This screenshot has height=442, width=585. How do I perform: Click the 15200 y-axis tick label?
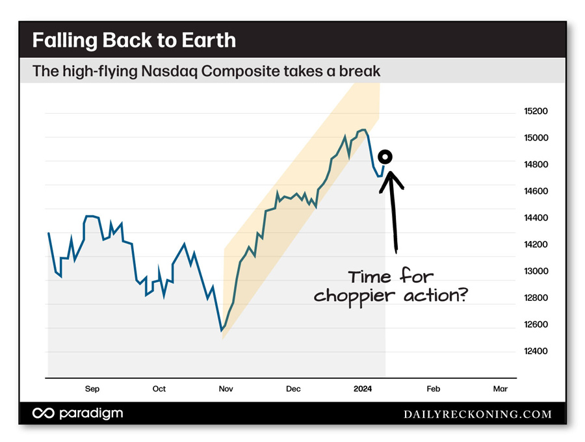[536, 111]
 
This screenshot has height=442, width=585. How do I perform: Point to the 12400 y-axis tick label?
[536, 351]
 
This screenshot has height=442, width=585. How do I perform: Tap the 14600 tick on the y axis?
[536, 191]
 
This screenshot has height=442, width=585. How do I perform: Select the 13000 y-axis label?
[536, 271]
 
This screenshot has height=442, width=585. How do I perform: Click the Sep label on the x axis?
[92, 389]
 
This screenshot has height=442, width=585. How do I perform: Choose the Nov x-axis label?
[226, 389]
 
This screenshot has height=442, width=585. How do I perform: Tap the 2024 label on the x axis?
[363, 389]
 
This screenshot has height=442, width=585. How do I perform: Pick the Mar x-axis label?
[500, 389]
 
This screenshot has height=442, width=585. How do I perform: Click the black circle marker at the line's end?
[385, 157]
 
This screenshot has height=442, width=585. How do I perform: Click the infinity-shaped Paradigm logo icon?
[44, 413]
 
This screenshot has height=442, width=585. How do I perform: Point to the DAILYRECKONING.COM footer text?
[478, 414]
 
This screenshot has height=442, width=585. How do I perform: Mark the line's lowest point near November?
[222, 331]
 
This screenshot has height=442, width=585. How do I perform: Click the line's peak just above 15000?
[363, 130]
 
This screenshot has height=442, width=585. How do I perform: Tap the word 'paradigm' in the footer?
[90, 413]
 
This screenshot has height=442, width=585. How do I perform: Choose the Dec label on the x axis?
[293, 389]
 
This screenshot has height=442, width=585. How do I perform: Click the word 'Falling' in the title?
[64, 40]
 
